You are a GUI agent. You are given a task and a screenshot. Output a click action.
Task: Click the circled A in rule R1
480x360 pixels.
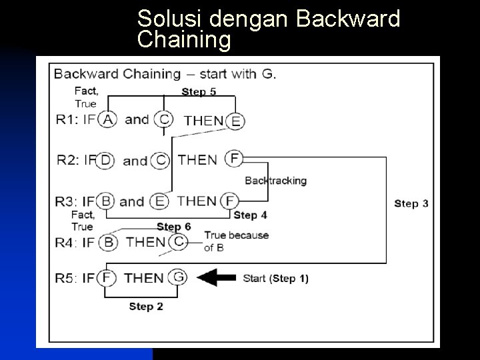[107, 119]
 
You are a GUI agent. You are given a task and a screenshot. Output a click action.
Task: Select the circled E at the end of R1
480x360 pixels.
[235, 121]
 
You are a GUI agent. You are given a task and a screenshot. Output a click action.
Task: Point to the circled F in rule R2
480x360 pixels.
[234, 159]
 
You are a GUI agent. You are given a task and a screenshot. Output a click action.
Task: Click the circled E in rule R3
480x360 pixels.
[160, 201]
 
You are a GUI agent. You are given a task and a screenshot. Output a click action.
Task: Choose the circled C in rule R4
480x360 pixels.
[178, 242]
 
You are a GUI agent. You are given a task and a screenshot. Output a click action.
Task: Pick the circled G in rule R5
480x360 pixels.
[178, 277]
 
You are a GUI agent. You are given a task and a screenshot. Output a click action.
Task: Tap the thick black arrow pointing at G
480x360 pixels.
[217, 278]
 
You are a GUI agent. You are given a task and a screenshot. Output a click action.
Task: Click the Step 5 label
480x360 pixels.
[199, 91]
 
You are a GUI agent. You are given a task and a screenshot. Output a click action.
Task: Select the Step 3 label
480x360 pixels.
[411, 203]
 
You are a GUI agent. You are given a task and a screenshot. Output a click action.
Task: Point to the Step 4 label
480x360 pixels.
[250, 215]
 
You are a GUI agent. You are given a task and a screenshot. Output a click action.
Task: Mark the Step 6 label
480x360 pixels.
[173, 227]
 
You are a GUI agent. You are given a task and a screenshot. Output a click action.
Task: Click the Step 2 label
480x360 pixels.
[146, 307]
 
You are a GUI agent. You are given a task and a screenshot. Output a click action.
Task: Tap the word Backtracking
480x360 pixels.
[275, 180]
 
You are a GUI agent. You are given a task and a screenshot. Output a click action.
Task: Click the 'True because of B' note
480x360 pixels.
[227, 241]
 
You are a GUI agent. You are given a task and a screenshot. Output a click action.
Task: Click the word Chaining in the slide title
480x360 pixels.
[183, 40]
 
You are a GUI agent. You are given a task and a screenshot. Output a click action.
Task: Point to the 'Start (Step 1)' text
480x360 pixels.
[275, 278]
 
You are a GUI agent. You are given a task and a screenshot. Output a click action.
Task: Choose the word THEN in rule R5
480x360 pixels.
[143, 278]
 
